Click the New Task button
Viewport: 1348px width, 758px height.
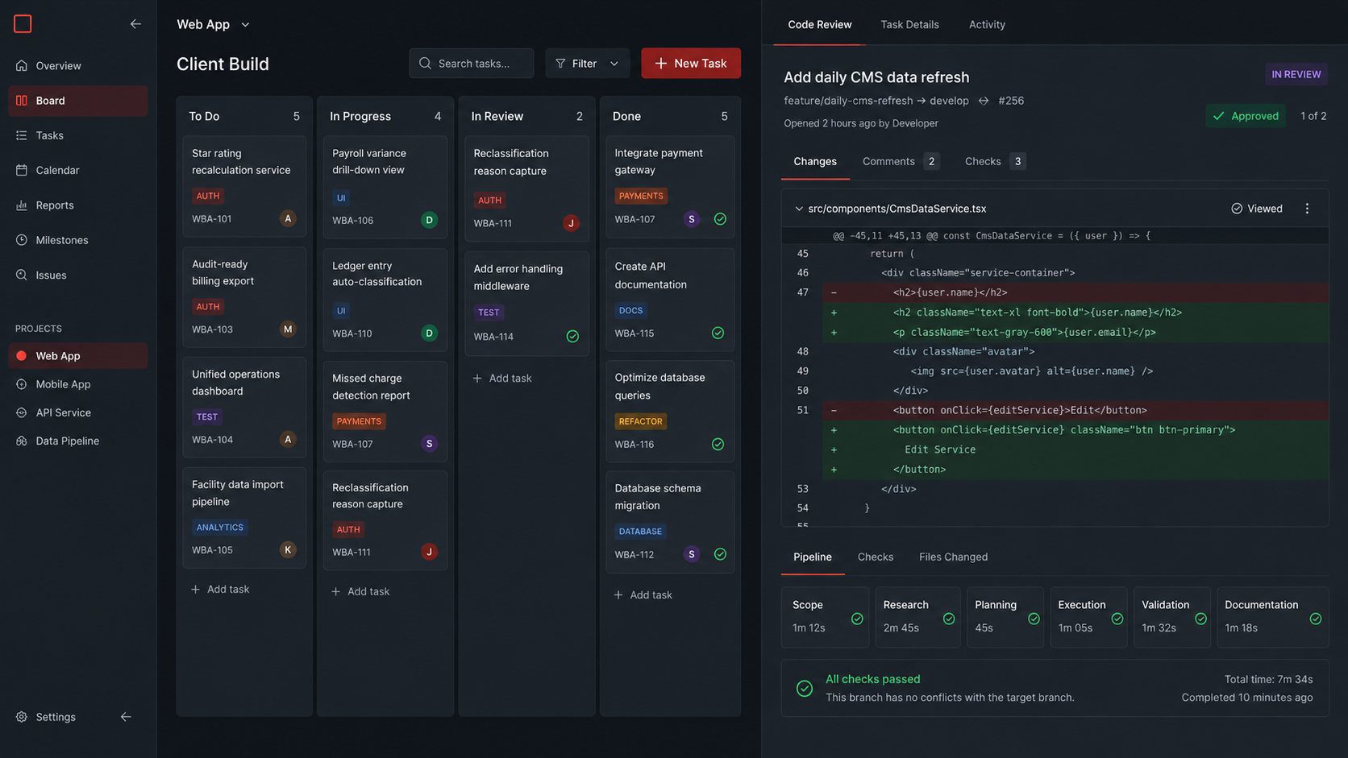coord(691,63)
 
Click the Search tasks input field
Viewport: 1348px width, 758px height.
coord(471,63)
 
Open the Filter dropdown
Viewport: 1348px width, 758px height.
coord(587,63)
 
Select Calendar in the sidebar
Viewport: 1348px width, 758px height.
coord(57,170)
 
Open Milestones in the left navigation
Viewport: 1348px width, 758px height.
coord(61,240)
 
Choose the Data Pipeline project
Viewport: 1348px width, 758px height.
coord(67,441)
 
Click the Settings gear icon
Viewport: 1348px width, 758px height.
coord(22,717)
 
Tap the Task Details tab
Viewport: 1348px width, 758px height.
coord(909,25)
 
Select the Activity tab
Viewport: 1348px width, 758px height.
coord(987,25)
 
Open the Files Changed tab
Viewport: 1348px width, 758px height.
coord(953,557)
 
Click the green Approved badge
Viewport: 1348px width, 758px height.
coord(1245,116)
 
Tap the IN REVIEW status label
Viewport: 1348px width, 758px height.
coord(1296,75)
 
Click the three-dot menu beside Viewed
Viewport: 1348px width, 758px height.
coord(1307,209)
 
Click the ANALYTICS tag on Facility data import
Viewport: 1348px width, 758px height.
coord(219,527)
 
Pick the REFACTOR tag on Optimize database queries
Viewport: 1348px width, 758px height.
coord(640,421)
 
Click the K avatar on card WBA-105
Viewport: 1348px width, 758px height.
coord(288,549)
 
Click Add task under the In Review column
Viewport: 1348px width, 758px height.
coord(502,378)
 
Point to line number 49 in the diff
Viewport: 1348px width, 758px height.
coord(802,371)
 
